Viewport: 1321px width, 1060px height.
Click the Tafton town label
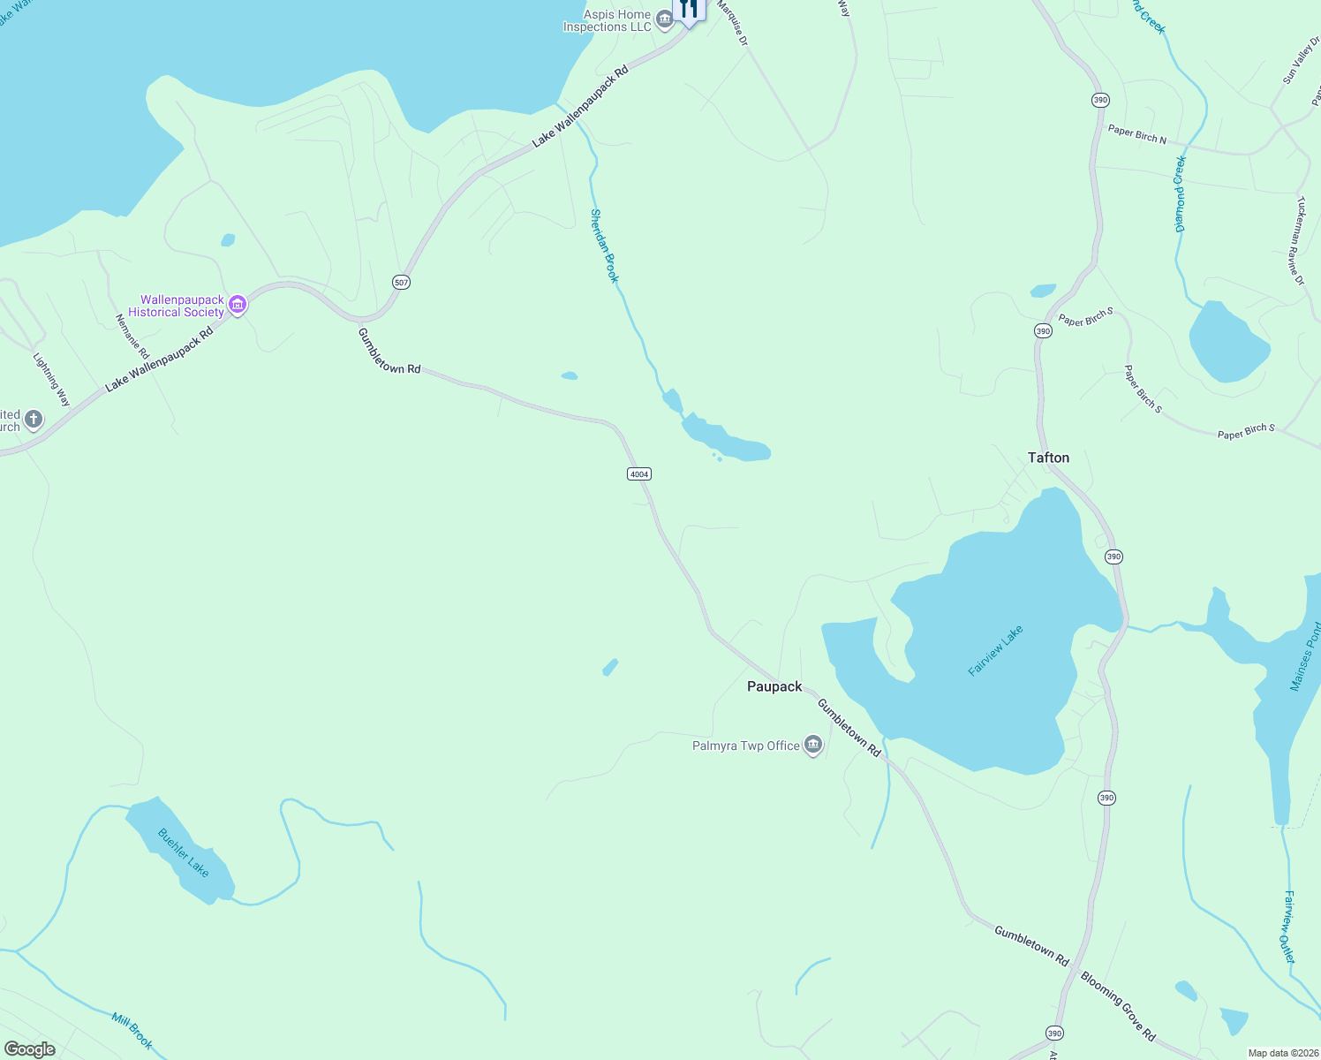click(1048, 458)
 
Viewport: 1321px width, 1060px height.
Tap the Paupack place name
click(774, 686)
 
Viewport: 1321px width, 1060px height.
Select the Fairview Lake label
click(995, 651)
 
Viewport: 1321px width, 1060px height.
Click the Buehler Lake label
click(184, 852)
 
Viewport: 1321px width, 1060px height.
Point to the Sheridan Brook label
click(605, 246)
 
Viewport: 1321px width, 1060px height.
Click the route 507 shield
click(402, 283)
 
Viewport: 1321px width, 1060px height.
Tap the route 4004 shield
click(638, 474)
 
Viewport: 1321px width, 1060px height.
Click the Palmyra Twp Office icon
click(813, 746)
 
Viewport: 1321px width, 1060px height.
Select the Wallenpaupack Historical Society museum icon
click(237, 306)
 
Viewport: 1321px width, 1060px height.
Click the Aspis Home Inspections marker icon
click(665, 20)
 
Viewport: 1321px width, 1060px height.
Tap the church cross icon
click(34, 419)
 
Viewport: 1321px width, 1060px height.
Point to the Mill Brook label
click(132, 1031)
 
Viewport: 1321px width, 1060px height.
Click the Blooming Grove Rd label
click(1118, 1006)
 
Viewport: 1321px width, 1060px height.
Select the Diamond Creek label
click(1180, 194)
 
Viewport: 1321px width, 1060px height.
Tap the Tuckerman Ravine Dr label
click(1299, 240)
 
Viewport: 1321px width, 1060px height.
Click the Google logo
click(30, 1049)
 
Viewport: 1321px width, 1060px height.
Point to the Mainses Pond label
click(1306, 656)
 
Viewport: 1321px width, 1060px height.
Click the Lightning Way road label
click(51, 380)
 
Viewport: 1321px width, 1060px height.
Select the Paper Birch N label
click(1137, 134)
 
